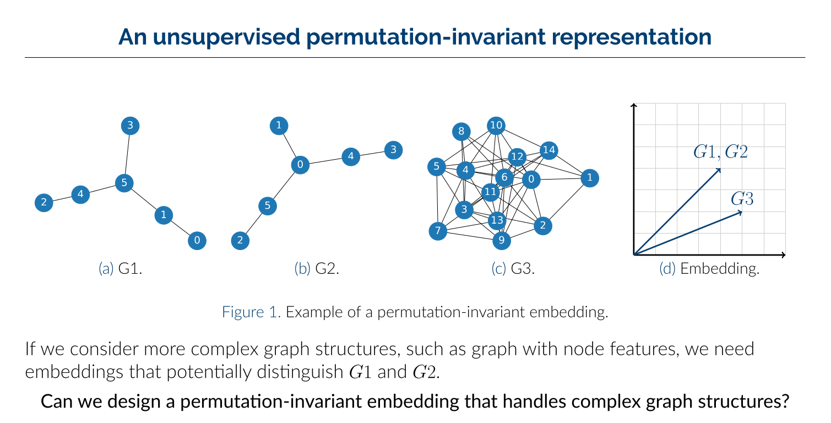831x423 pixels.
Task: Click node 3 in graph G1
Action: tap(130, 126)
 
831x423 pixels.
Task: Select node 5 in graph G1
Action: tap(124, 183)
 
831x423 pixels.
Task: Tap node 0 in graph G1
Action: tap(197, 241)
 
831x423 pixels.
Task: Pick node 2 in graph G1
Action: tap(44, 203)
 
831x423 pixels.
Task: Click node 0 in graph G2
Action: tap(300, 165)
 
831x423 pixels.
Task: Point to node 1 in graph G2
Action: tap(279, 126)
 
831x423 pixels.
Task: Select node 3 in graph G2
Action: tap(394, 150)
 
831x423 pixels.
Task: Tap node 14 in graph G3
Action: tap(549, 150)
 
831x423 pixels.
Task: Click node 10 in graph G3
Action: tap(496, 126)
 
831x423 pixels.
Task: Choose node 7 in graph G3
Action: tap(438, 231)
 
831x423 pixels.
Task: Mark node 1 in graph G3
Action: tap(590, 178)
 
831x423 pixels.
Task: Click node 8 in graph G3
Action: tap(461, 131)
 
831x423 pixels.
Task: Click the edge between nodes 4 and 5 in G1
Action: tap(102, 189)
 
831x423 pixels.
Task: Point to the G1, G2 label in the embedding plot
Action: tap(720, 152)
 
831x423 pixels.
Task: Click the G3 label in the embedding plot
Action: tap(742, 199)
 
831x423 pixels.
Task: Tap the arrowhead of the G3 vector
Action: tap(741, 212)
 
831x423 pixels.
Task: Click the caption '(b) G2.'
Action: tap(317, 269)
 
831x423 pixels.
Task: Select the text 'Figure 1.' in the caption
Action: tap(251, 312)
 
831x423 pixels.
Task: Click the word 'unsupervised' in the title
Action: tap(226, 37)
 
